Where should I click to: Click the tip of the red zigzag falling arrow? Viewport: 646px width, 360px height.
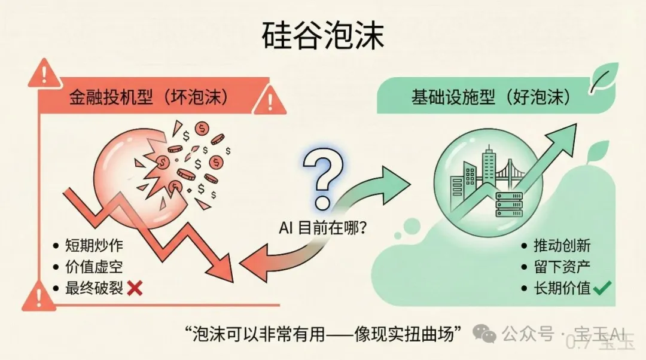tap(233, 282)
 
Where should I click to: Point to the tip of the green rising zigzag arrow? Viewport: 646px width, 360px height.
tap(577, 124)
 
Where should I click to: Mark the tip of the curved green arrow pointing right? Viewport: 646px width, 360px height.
tap(411, 184)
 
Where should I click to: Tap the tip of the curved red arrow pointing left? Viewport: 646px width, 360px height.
tap(239, 264)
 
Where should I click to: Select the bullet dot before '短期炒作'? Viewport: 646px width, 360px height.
tap(56, 246)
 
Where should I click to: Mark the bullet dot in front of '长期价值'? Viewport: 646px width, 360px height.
tap(524, 288)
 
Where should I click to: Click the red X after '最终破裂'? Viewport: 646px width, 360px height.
tap(135, 288)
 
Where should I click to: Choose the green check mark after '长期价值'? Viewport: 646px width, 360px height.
tap(602, 288)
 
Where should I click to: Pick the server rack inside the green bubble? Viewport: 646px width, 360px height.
tap(509, 205)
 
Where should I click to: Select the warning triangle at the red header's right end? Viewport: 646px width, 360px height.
tap(270, 100)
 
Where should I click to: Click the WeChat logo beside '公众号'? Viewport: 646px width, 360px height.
tap(484, 333)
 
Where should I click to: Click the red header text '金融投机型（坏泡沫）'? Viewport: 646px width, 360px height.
tap(148, 97)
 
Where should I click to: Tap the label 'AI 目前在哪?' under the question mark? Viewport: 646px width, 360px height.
tap(323, 228)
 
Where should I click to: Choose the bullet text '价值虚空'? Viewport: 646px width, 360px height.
tap(95, 267)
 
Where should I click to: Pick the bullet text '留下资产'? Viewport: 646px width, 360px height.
tap(562, 267)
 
